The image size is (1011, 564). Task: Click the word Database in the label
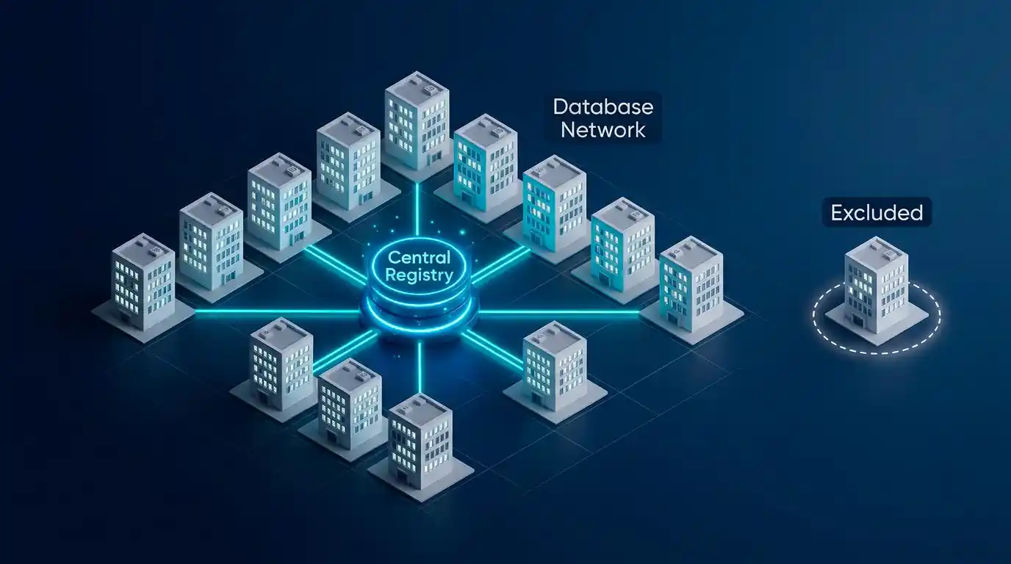pos(603,106)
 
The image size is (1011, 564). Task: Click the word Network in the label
pos(603,130)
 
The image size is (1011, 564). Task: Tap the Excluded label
pos(877,212)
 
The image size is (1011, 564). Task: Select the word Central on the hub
pos(419,258)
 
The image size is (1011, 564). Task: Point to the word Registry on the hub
pos(419,275)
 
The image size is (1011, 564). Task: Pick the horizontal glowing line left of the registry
pos(278,311)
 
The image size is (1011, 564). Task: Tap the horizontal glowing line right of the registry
pos(558,311)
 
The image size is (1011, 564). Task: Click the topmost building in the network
pos(417,122)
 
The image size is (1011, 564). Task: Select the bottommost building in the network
pos(421,444)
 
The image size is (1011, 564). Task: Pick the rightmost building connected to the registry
pos(691,289)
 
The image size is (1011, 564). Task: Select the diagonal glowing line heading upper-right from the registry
pos(501,265)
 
